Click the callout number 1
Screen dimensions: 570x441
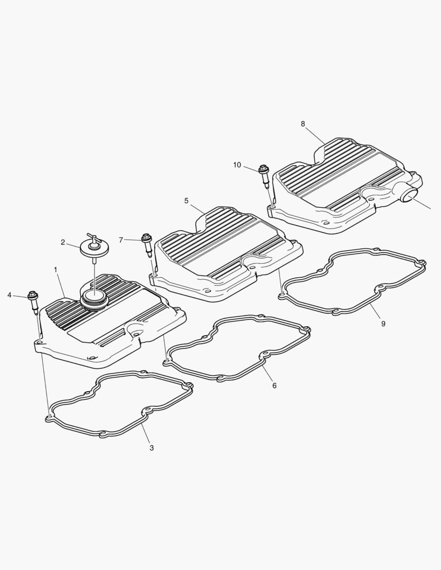55,270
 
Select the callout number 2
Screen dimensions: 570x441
63,243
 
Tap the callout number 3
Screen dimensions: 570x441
152,448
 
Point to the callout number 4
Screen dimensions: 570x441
10,294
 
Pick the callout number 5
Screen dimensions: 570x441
186,201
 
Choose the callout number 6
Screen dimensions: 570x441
274,386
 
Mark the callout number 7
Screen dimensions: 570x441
121,240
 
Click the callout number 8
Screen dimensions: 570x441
303,123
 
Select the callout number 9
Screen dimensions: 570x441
383,324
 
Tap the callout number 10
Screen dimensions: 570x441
237,165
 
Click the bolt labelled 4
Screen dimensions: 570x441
34,301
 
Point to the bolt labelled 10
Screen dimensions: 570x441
264,175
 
